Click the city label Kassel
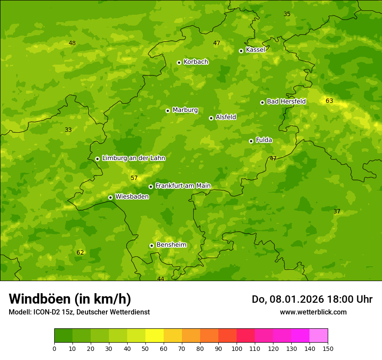(x=255, y=50)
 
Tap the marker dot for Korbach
(x=179, y=62)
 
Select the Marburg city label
(x=185, y=110)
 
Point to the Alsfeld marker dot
(x=211, y=118)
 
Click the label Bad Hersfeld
(x=286, y=101)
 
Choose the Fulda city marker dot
(x=251, y=141)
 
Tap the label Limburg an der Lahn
(x=133, y=158)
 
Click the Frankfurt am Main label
(x=183, y=186)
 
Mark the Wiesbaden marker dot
(x=110, y=197)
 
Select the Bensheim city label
(x=171, y=245)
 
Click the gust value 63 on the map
(x=329, y=101)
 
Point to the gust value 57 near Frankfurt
(x=134, y=178)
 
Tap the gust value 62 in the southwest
(x=80, y=253)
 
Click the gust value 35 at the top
(x=287, y=14)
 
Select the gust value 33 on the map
(x=68, y=130)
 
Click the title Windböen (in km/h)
(x=70, y=299)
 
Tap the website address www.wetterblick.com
(x=313, y=312)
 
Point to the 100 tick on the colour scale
(x=237, y=348)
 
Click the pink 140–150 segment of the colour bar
(x=319, y=335)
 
